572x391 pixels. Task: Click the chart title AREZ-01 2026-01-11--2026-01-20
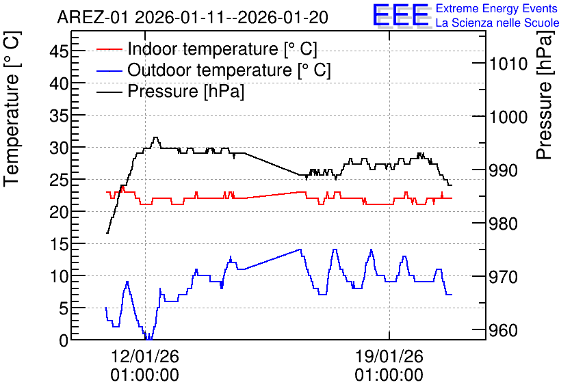click(x=192, y=18)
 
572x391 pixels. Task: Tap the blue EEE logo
click(x=400, y=16)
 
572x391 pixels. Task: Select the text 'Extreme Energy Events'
click(x=497, y=8)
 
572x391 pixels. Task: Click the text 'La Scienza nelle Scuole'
click(x=497, y=23)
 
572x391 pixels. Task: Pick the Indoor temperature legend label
click(x=222, y=49)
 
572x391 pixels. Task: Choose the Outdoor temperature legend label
click(x=229, y=70)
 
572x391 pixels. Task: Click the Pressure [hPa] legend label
click(x=185, y=91)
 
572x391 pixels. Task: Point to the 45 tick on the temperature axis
click(x=59, y=51)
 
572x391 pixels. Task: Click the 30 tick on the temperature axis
click(x=59, y=148)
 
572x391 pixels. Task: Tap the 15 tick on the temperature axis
click(x=59, y=244)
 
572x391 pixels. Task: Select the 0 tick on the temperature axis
click(x=64, y=340)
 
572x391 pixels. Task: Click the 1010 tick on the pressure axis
click(x=508, y=64)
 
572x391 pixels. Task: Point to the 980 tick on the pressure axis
click(x=503, y=224)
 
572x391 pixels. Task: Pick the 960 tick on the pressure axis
click(x=503, y=331)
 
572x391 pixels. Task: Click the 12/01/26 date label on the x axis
click(x=145, y=356)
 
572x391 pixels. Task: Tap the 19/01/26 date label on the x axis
click(x=389, y=356)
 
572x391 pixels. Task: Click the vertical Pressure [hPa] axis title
click(x=545, y=95)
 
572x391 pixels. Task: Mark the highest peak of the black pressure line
click(x=156, y=137)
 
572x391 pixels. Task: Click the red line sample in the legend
click(x=109, y=49)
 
